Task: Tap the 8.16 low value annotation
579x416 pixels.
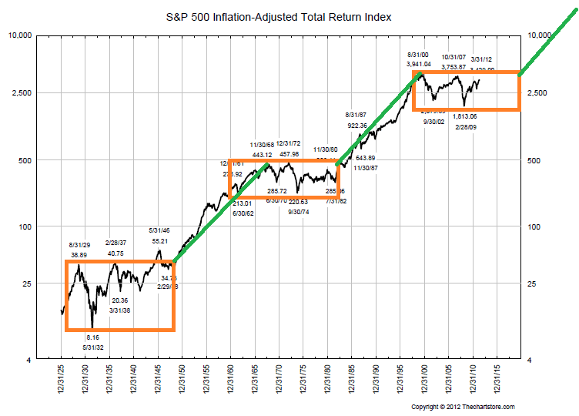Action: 92,337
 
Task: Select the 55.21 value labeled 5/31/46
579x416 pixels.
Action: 159,241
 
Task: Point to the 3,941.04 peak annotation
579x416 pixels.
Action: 419,65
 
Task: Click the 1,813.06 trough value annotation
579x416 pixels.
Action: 465,116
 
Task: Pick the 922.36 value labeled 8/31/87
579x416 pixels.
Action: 357,125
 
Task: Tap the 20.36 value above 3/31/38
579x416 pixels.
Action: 121,300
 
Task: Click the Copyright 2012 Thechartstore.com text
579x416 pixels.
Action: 463,407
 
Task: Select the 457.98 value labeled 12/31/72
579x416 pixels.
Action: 288,154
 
